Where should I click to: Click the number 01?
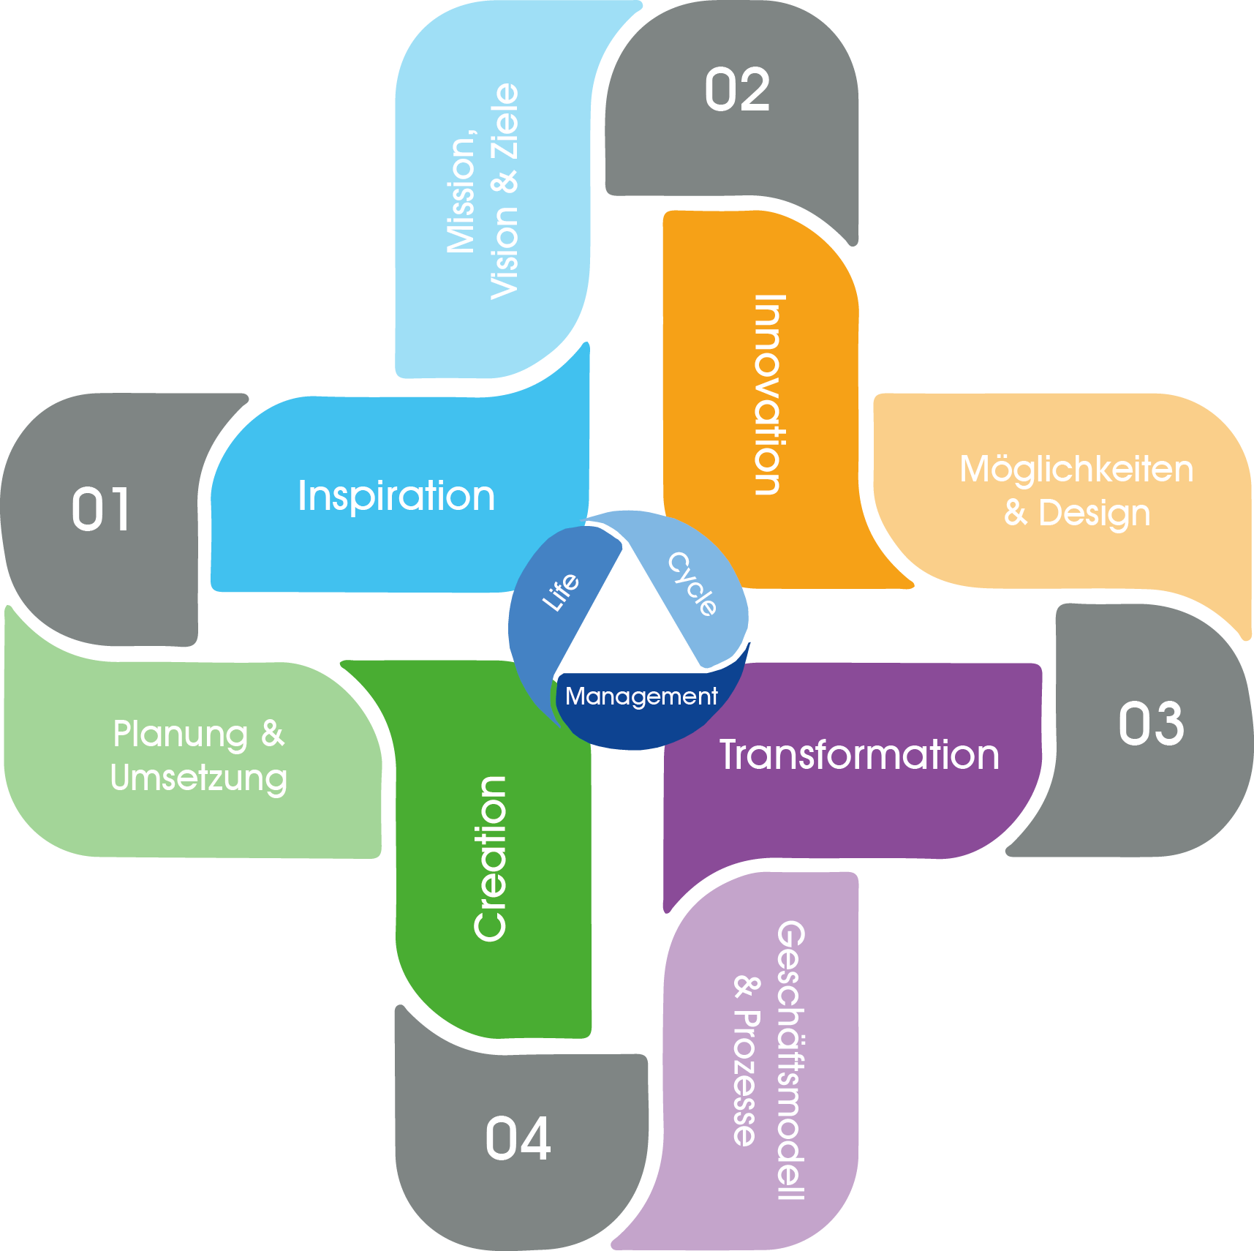[101, 509]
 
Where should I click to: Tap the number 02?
[737, 90]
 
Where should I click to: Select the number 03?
[1151, 724]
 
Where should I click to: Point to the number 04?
[518, 1138]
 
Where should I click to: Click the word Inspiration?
[396, 496]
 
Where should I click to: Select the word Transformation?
[859, 755]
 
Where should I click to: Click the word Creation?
[490, 858]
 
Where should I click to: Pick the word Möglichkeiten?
[1076, 469]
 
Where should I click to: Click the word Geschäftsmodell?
[790, 1061]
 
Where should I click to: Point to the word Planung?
[181, 734]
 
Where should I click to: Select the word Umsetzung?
[199, 778]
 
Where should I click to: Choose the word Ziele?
[505, 121]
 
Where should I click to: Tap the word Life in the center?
[561, 592]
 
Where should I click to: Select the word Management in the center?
[641, 696]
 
